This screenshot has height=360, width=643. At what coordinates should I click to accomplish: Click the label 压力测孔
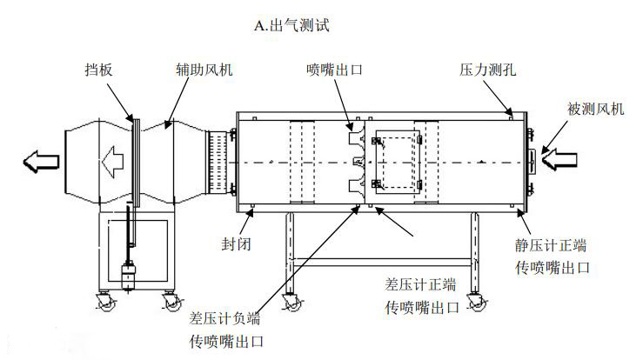click(488, 68)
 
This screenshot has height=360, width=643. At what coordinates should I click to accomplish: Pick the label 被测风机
click(595, 109)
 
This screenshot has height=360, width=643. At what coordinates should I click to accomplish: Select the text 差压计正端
click(422, 283)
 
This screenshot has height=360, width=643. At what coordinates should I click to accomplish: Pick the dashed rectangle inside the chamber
click(396, 160)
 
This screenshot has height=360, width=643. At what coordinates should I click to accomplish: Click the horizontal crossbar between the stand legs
click(382, 259)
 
